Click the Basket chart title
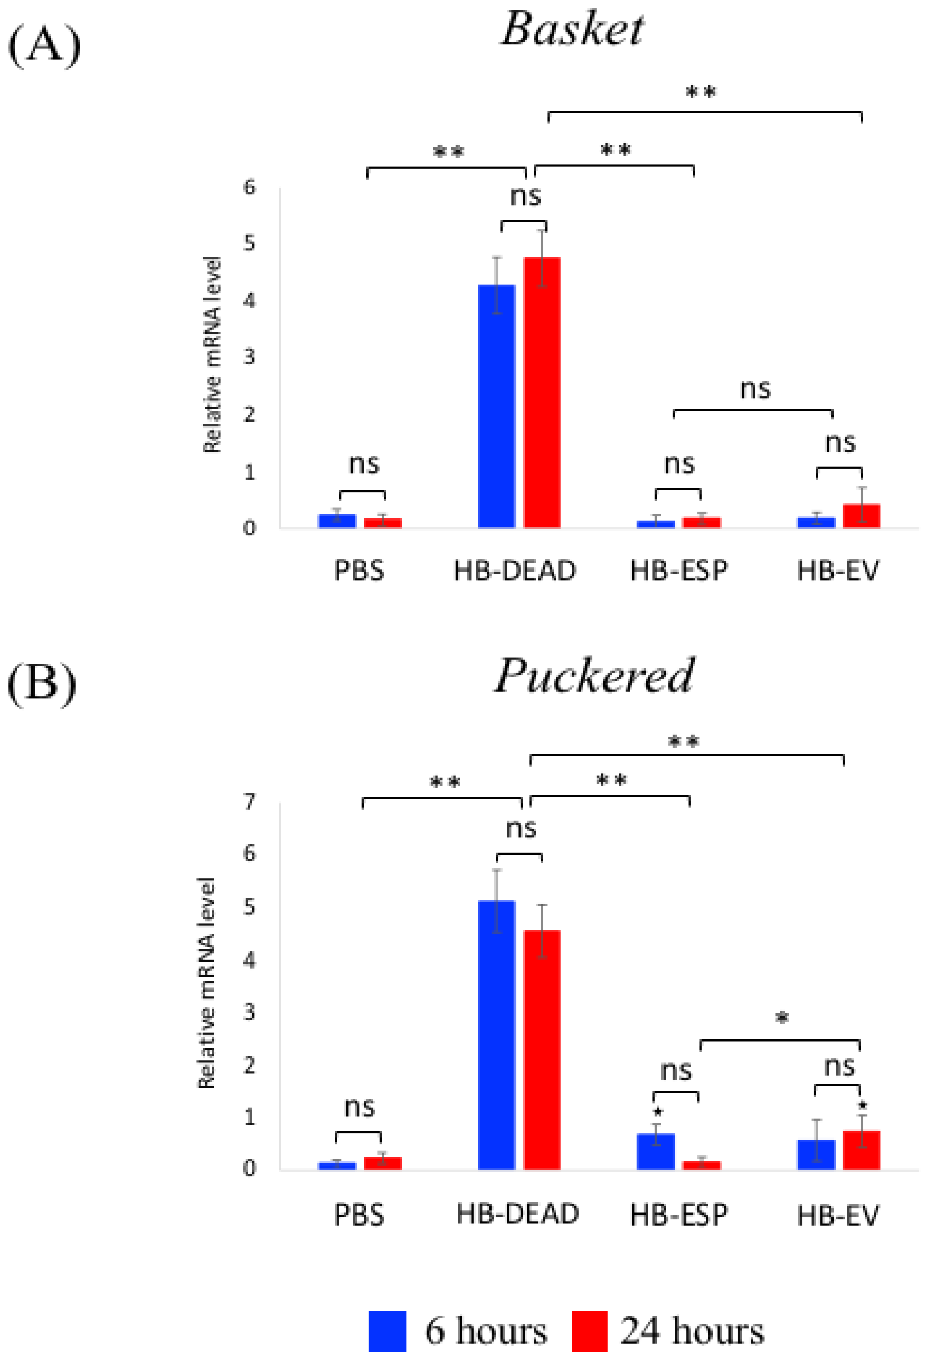[572, 29]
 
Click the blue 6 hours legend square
[387, 1331]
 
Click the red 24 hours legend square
[589, 1331]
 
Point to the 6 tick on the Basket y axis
[250, 188]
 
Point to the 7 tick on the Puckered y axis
[250, 801]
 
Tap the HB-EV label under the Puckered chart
[838, 1216]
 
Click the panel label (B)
[42, 683]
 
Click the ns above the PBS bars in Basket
[363, 464]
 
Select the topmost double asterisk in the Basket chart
[701, 92]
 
